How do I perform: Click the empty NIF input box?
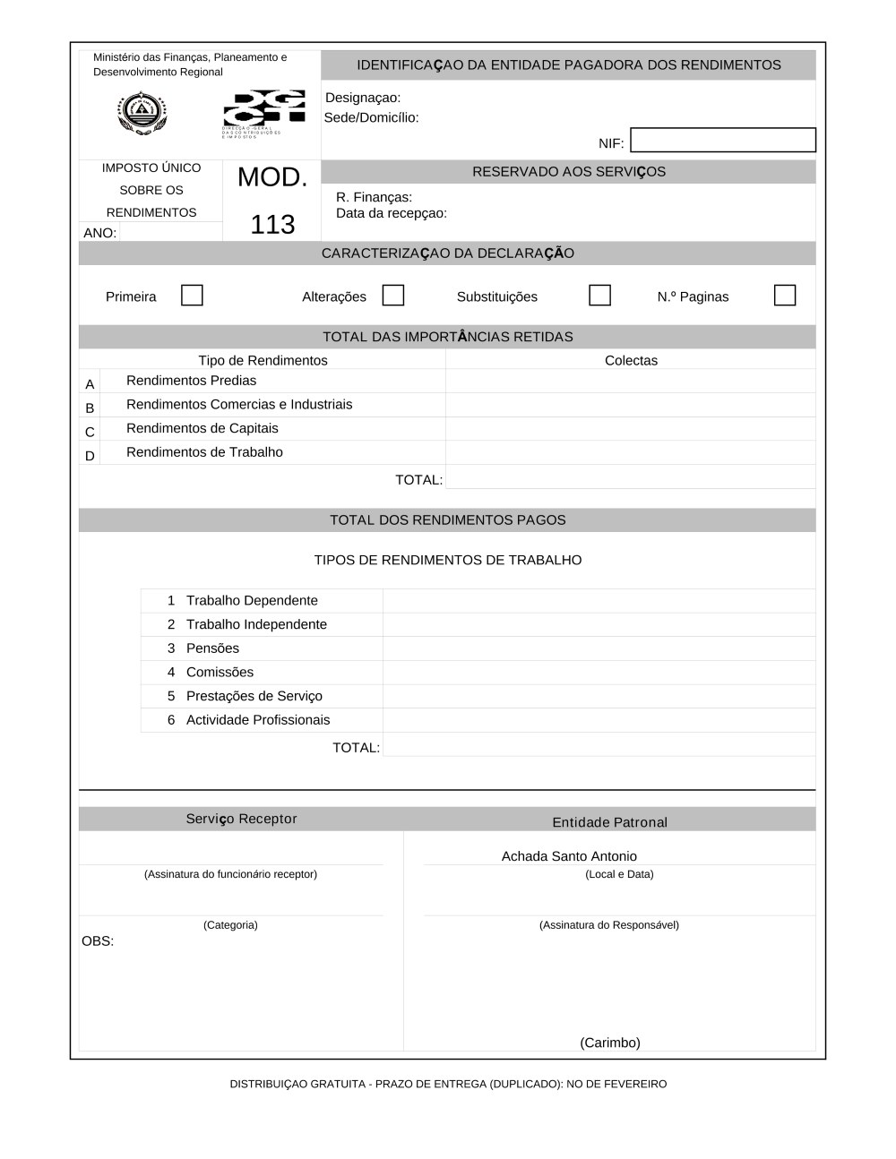click(x=723, y=141)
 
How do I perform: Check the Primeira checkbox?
click(x=192, y=296)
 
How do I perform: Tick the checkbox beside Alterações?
click(x=392, y=296)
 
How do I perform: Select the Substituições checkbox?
click(x=599, y=296)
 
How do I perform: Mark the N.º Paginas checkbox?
click(x=784, y=296)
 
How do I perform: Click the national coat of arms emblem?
click(x=142, y=114)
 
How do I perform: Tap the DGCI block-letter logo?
click(x=263, y=108)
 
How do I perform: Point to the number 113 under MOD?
click(x=272, y=224)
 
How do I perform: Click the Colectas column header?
click(x=631, y=360)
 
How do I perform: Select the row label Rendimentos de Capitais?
click(x=202, y=428)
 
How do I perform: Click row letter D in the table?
click(x=90, y=456)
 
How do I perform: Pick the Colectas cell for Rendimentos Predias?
click(x=631, y=382)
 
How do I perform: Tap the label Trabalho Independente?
click(x=256, y=624)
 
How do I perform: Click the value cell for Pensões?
click(x=599, y=648)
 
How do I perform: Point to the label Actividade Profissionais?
click(x=258, y=720)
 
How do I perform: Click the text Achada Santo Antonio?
click(x=569, y=856)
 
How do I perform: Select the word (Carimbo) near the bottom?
click(x=610, y=1043)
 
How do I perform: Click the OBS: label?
click(x=98, y=941)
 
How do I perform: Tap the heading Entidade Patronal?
click(x=609, y=822)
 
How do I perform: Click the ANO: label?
click(x=100, y=233)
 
